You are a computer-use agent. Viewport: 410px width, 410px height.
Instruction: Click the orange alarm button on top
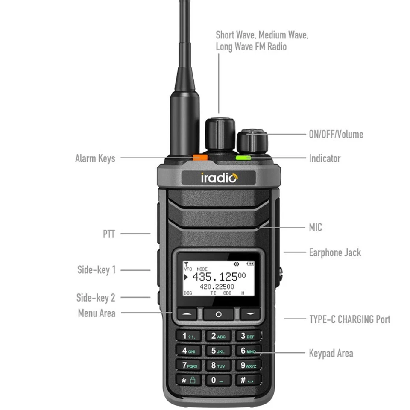tap(199, 157)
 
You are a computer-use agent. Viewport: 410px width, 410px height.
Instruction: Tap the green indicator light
tap(243, 158)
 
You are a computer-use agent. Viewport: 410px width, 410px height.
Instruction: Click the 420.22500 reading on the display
tap(217, 287)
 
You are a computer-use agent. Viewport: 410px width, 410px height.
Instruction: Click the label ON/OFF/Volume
tap(336, 134)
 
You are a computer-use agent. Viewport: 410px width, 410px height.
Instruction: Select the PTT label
tap(109, 234)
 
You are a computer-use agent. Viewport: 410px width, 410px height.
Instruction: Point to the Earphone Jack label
tap(335, 252)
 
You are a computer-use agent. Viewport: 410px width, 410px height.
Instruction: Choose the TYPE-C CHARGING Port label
tap(349, 319)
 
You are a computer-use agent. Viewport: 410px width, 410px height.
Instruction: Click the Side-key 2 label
tap(96, 297)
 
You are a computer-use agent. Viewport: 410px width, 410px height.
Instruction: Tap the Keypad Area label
tap(331, 353)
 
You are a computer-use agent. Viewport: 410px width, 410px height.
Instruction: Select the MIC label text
tap(315, 227)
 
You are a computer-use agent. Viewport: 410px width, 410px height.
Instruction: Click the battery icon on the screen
tap(250, 264)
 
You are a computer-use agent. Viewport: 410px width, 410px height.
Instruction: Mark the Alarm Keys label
tap(95, 158)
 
